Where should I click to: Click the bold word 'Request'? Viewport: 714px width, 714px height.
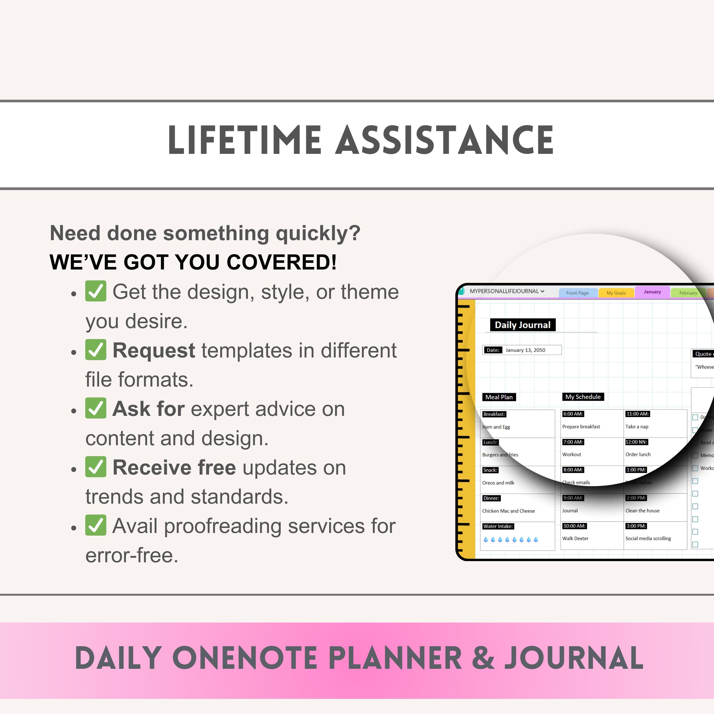pyautogui.click(x=154, y=350)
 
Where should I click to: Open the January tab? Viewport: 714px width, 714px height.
pyautogui.click(x=652, y=292)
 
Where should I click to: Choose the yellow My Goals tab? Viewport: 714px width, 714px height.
pyautogui.click(x=616, y=293)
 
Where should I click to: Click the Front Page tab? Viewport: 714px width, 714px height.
pyautogui.click(x=577, y=293)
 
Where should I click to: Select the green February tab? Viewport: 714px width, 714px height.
pyautogui.click(x=688, y=293)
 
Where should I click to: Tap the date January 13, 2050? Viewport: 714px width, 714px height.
pyautogui.click(x=525, y=350)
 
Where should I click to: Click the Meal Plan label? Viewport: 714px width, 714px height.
pyautogui.click(x=499, y=397)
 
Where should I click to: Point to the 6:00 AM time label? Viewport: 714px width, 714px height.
pyautogui.click(x=573, y=414)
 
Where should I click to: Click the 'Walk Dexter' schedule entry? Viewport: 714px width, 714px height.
pyautogui.click(x=575, y=539)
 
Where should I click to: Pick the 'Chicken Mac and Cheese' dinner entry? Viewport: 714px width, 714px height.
pyautogui.click(x=508, y=511)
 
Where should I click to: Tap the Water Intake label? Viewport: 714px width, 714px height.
pyautogui.click(x=498, y=526)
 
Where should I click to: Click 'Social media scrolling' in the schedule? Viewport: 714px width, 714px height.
pyautogui.click(x=648, y=539)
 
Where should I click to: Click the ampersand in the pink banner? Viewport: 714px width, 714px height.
pyautogui.click(x=483, y=658)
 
